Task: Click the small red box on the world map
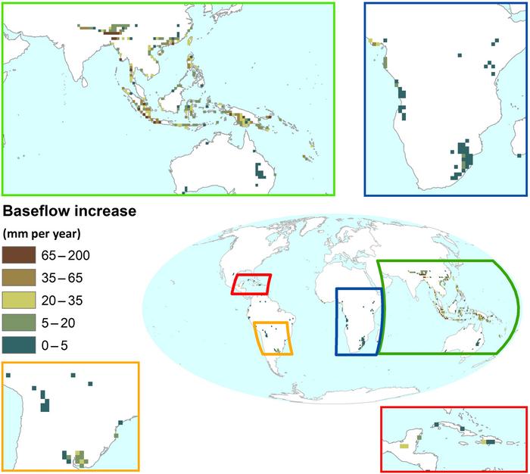coord(251,285)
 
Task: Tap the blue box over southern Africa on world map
coord(359,321)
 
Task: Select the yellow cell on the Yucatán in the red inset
coord(404,447)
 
